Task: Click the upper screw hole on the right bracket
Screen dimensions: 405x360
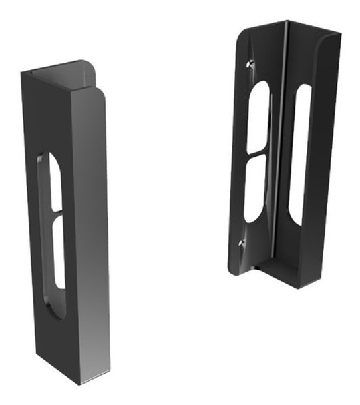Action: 250,65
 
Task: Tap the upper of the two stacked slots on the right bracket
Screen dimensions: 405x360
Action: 259,117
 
